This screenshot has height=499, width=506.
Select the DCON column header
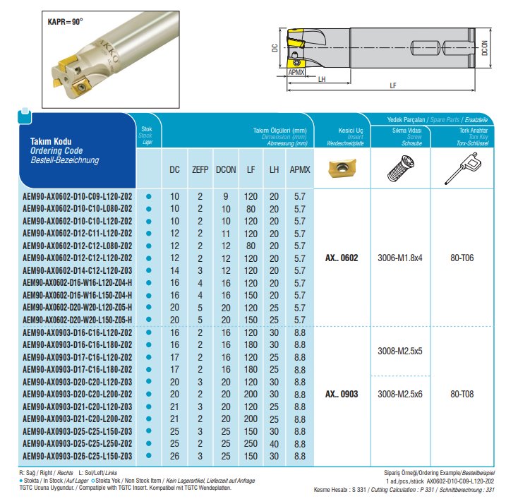coord(226,169)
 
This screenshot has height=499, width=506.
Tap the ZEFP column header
coord(200,169)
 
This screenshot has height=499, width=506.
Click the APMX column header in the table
coord(299,169)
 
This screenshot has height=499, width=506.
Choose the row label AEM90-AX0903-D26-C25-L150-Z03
coord(77,455)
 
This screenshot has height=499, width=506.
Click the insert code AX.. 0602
coord(342,258)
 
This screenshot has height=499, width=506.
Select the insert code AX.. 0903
coord(342,394)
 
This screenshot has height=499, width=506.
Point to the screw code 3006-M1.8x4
coord(399,258)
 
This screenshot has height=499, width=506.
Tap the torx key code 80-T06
coord(462,258)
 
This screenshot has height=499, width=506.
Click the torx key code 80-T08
coord(462,394)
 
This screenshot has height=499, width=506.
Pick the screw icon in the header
coord(399,169)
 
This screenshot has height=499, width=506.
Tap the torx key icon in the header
coord(461,167)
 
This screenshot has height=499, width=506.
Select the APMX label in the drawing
coord(296,72)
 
